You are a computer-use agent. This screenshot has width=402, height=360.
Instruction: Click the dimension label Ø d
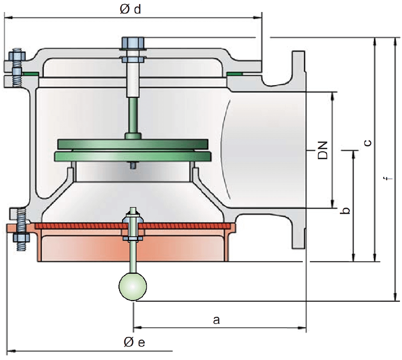click(130, 9)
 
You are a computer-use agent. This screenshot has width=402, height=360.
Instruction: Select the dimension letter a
click(215, 319)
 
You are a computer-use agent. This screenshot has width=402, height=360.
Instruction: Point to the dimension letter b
click(347, 210)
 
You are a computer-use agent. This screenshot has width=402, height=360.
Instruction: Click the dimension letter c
click(366, 143)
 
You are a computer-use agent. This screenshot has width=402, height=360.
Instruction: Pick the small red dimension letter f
click(386, 179)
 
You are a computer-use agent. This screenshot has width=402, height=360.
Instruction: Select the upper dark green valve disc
click(132, 144)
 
